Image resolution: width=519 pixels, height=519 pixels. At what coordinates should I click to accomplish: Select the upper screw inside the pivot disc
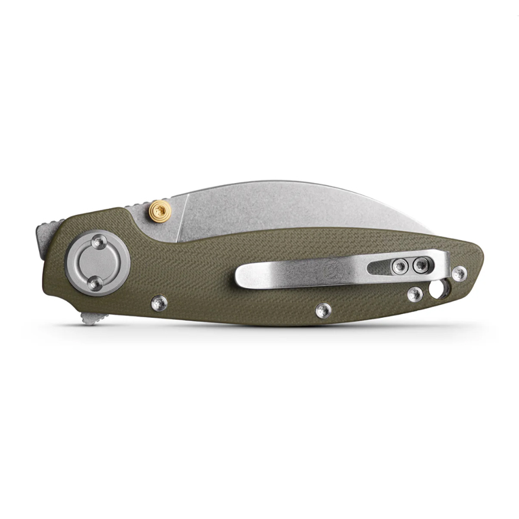[98, 241]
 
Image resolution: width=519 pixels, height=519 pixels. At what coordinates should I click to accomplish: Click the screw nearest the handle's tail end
[459, 273]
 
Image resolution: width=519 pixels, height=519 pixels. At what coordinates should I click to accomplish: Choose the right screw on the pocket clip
[422, 263]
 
